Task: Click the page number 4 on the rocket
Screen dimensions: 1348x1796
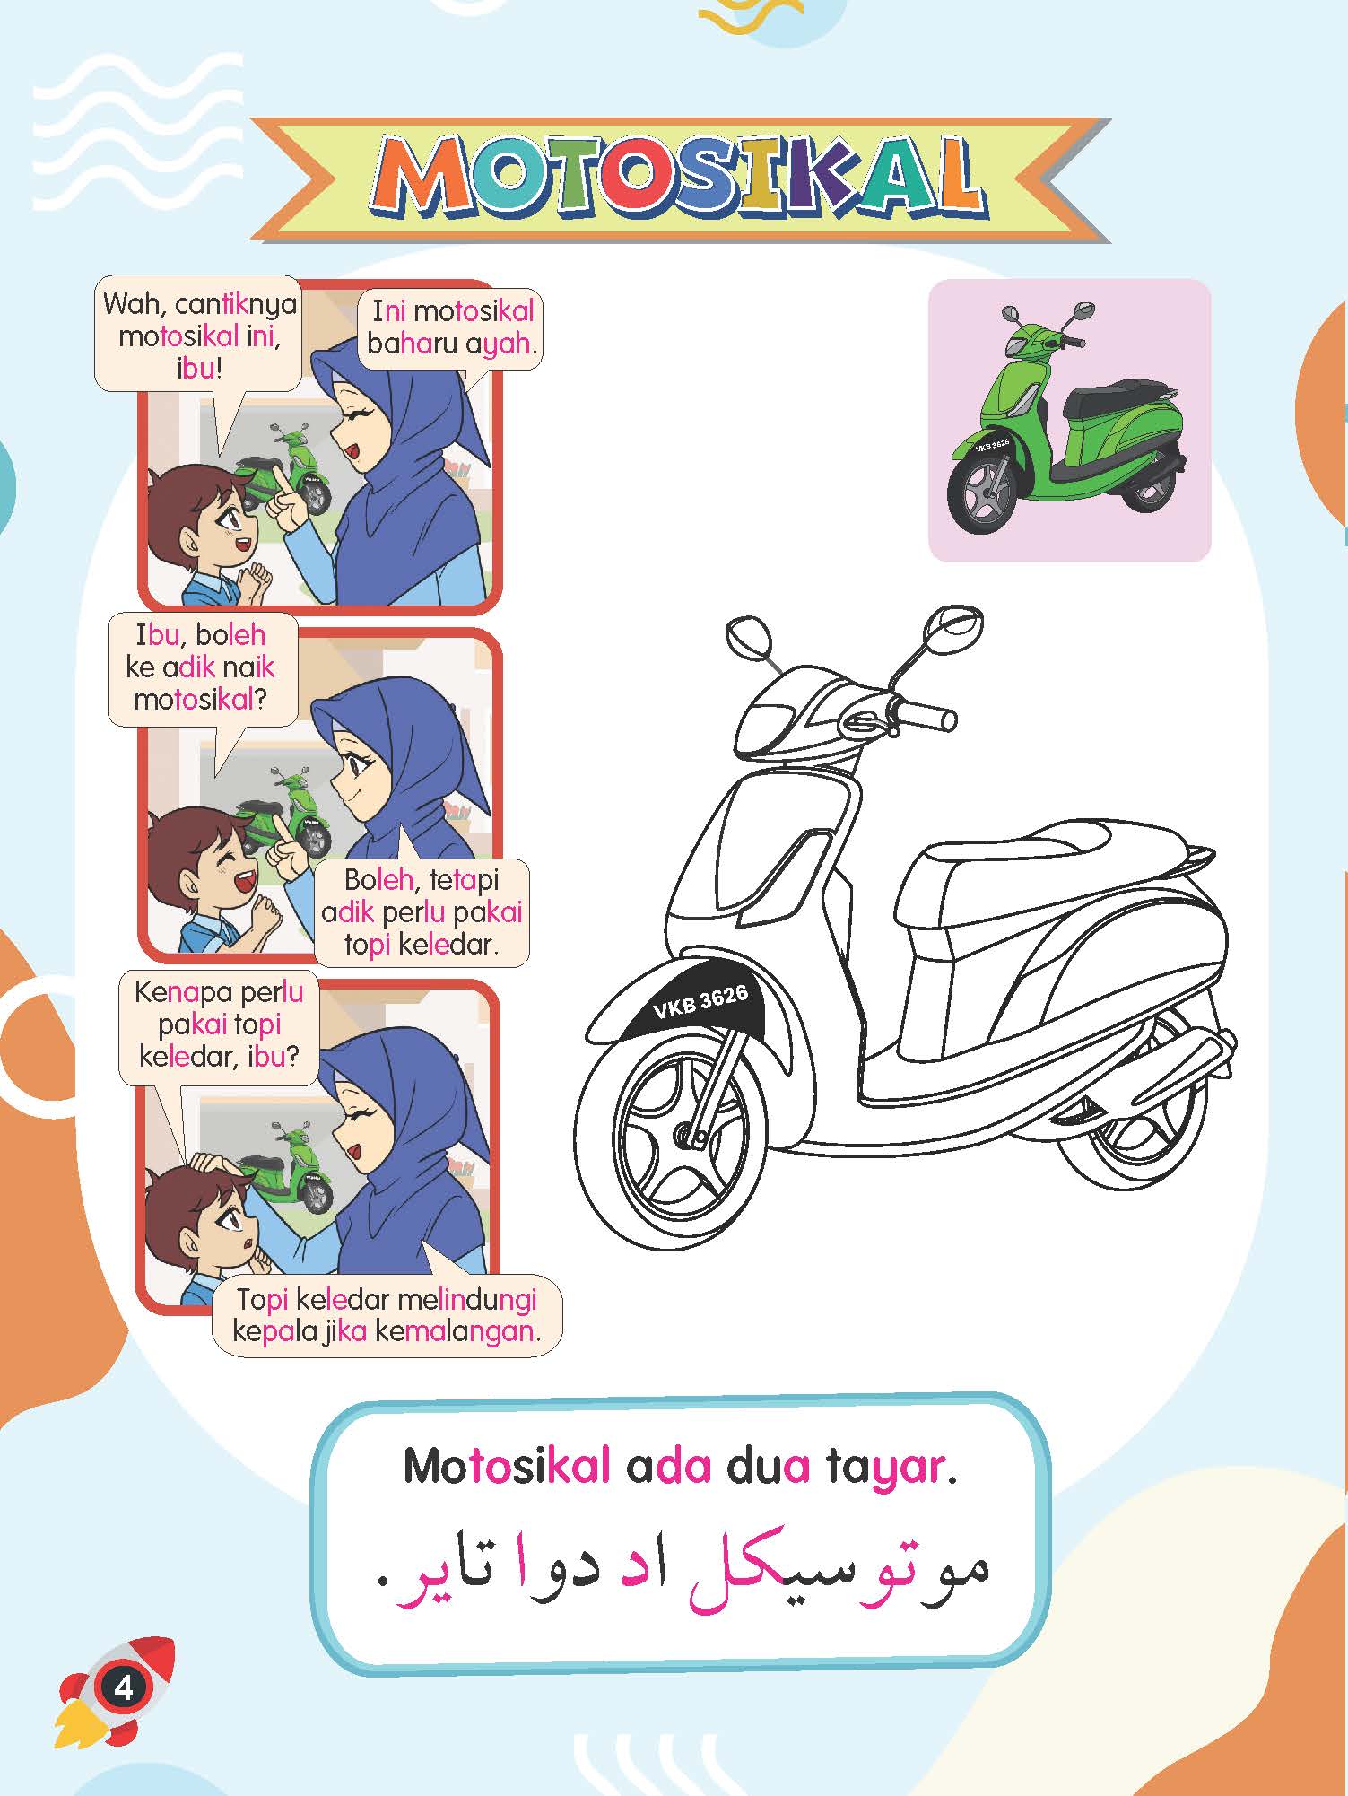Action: point(123,1687)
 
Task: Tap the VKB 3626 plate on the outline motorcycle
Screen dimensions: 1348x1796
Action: point(700,1000)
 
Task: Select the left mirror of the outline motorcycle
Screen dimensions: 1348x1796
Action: point(749,638)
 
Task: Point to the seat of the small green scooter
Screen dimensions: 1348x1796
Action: point(1126,398)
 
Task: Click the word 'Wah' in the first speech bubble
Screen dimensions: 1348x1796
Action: point(133,304)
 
